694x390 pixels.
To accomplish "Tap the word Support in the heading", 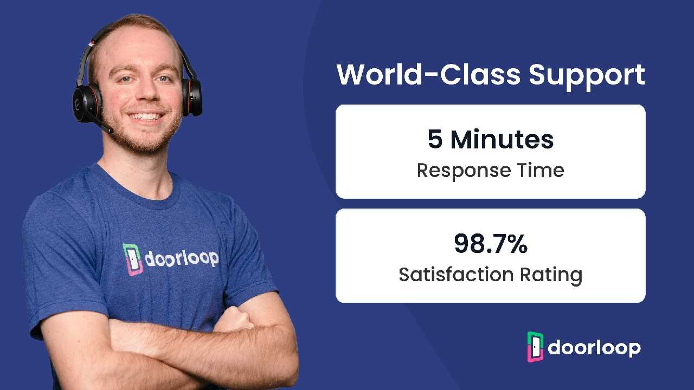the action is click(587, 77).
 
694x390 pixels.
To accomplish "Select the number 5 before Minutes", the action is click(435, 139).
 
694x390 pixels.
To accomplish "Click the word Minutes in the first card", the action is click(502, 139).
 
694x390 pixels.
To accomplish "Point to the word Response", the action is click(464, 171).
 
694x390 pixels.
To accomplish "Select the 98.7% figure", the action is click(491, 244).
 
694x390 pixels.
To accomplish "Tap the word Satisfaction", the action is click(456, 274).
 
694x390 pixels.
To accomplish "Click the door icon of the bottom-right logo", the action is click(535, 347).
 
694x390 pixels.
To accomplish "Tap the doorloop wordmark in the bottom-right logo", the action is click(594, 348).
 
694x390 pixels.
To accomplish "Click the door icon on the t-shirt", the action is click(133, 259).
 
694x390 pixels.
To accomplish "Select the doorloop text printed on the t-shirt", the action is click(182, 258).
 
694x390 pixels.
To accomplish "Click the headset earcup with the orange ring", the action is click(87, 102).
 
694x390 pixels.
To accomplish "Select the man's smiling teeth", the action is click(146, 116).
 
